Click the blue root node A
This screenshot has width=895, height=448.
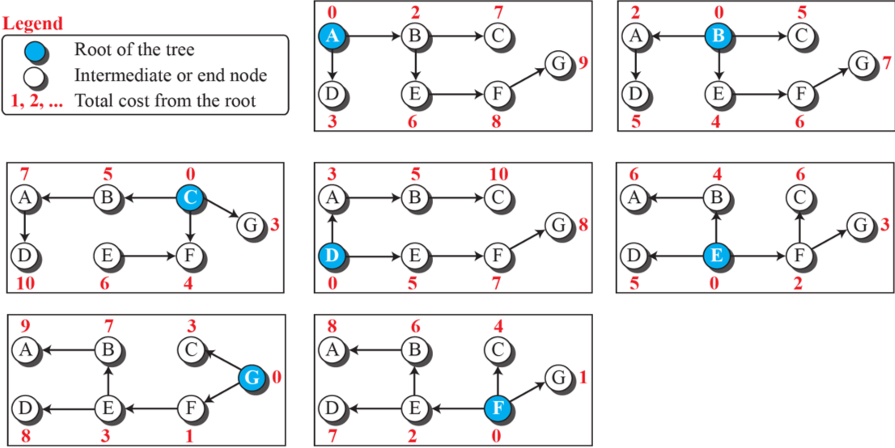332,36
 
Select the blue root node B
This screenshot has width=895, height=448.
717,36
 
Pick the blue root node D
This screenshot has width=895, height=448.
332,256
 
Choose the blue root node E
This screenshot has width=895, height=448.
717,256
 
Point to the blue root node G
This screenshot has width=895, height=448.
252,377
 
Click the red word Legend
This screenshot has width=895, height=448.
33,23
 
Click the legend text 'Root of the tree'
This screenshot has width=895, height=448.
134,50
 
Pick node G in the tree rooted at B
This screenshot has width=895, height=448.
862,62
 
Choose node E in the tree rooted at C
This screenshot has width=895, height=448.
108,256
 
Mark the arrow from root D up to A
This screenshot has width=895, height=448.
332,226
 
